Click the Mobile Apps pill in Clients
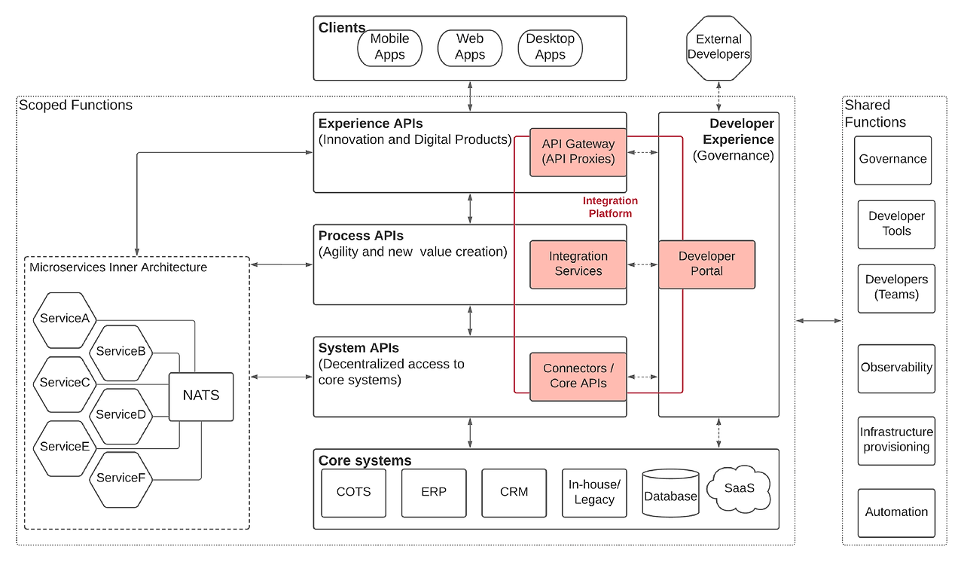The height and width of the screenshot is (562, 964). point(389,47)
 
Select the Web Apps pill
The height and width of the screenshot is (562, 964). point(470,47)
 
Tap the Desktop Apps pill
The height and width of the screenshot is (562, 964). point(550,47)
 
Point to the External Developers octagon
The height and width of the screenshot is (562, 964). point(718,47)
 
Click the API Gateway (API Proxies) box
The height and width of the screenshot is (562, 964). point(578,152)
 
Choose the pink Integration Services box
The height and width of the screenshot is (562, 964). point(578,264)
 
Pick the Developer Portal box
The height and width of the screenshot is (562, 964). point(706,264)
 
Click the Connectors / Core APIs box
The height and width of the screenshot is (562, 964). point(578,377)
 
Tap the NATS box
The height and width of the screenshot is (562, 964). point(201,396)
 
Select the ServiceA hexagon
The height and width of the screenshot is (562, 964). point(65,320)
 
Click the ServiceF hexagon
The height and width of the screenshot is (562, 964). point(121,479)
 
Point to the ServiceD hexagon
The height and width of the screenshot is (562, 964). point(121,416)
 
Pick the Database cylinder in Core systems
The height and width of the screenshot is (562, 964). point(670,493)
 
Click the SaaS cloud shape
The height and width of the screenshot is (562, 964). point(739,489)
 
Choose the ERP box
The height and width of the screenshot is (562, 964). point(434,493)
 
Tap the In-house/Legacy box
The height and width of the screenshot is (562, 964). point(594,493)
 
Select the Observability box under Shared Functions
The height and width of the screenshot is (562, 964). point(896,368)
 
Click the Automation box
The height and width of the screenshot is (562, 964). point(896,513)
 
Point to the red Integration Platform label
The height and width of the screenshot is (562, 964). point(610,207)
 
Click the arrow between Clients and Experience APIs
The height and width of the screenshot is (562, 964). point(470,96)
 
